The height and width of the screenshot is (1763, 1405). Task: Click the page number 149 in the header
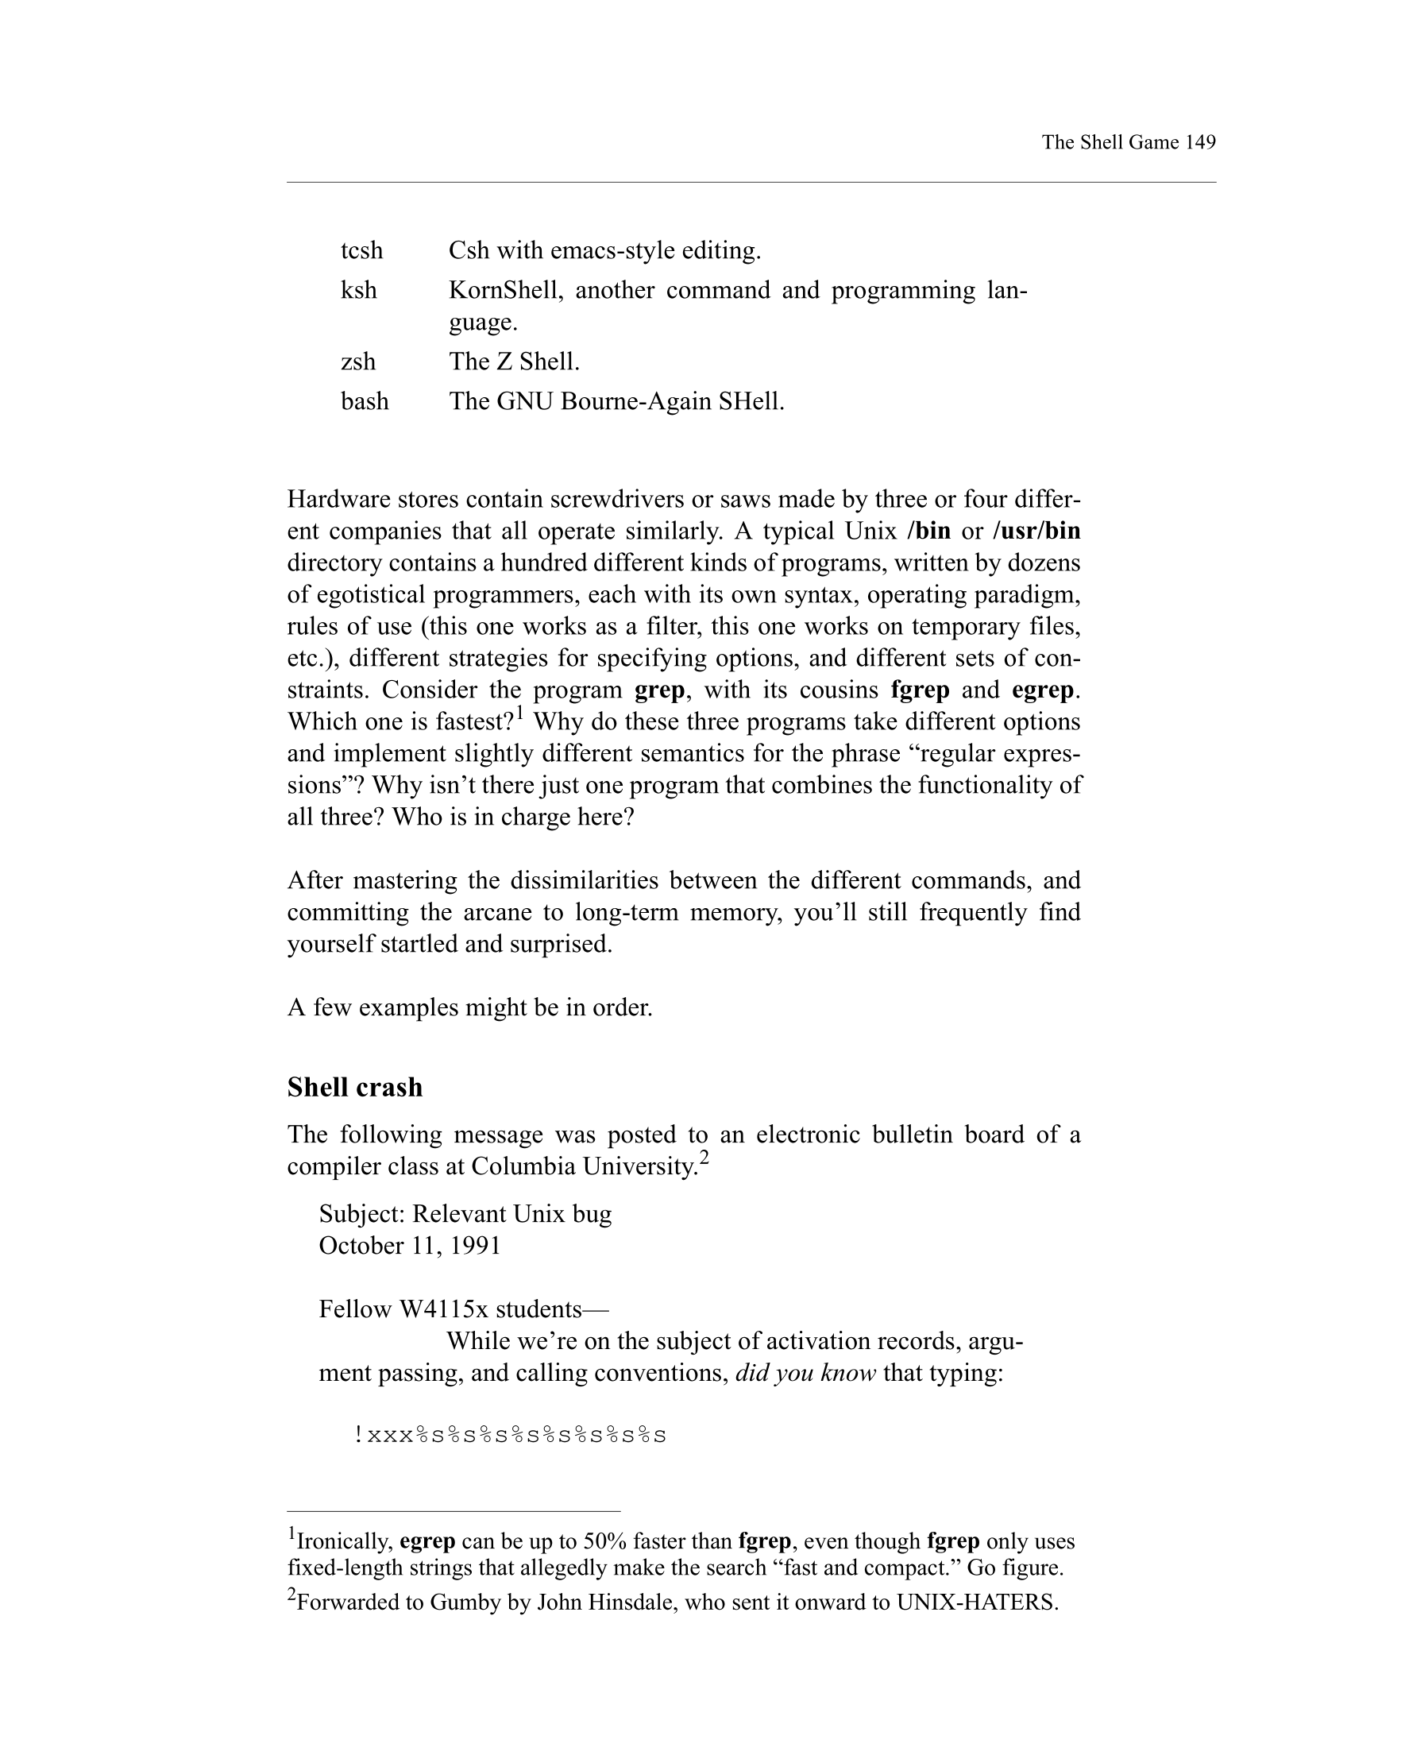[x=1200, y=142]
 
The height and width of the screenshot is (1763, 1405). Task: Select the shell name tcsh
[x=361, y=250]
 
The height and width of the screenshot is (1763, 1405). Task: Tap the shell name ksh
[x=359, y=290]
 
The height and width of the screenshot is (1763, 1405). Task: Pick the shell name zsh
[x=358, y=361]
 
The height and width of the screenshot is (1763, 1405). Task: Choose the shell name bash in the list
[x=365, y=401]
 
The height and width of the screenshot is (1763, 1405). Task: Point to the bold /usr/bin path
[x=1036, y=532]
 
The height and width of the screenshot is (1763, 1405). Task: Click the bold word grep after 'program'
[x=658, y=690]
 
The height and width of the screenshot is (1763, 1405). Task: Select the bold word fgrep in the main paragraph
[x=920, y=690]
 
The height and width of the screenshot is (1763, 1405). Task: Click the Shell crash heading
[x=355, y=1087]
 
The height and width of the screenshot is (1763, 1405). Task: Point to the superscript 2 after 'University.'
[x=704, y=1158]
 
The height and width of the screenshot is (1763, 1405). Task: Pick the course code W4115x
[x=443, y=1309]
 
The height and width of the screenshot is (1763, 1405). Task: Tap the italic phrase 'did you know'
[x=805, y=1373]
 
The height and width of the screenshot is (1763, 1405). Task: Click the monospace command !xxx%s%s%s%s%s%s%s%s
[x=510, y=1435]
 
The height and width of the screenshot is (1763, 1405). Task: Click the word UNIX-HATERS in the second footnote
[x=977, y=1602]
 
